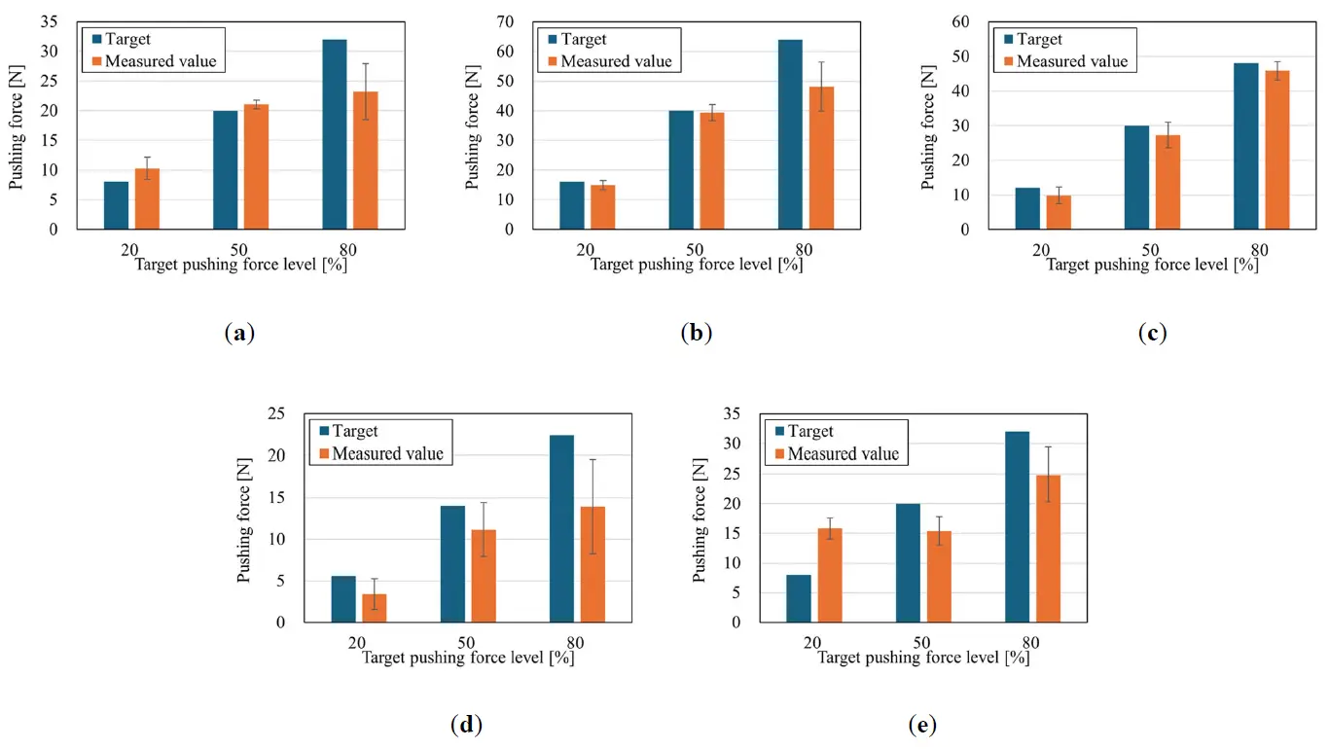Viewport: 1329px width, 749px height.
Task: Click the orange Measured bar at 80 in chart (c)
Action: pos(1276,150)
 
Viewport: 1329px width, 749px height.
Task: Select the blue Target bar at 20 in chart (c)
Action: pos(1027,208)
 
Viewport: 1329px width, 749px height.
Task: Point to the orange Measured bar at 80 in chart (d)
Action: pos(593,564)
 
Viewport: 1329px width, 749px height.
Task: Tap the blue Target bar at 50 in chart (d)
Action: pos(452,564)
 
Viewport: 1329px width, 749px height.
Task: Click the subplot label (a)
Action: pos(238,333)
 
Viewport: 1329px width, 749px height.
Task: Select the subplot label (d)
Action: pos(467,725)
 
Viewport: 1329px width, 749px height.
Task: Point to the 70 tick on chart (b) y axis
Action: pos(520,20)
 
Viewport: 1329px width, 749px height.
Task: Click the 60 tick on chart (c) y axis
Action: pos(975,20)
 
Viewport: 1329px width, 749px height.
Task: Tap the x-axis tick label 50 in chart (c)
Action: pos(1151,250)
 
